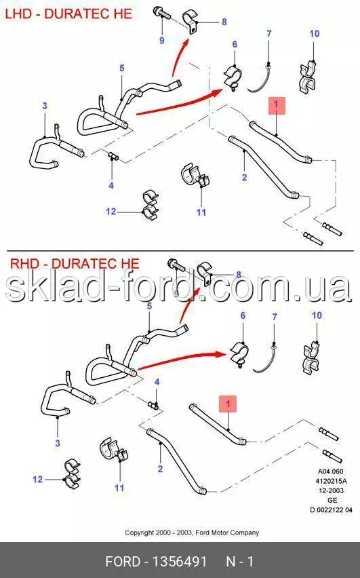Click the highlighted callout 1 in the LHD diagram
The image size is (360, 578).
tap(276, 105)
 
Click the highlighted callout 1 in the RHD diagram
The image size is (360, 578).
tap(228, 404)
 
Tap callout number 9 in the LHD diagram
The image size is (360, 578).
tap(162, 40)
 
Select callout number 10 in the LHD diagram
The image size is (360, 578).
tap(315, 33)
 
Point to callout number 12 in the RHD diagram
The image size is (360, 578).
tap(37, 479)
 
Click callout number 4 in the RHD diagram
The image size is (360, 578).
tap(157, 382)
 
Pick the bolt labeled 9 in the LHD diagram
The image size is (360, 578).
tap(162, 14)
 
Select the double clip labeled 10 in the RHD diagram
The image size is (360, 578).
tap(312, 359)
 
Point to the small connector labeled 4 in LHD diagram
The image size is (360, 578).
tap(113, 157)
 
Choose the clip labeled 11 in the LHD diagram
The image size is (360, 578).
tap(195, 176)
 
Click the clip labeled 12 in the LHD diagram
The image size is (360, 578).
tap(151, 204)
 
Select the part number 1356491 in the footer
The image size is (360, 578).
tap(180, 562)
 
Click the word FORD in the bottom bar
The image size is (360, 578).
tap(123, 562)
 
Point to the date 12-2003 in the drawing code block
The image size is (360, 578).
tap(332, 490)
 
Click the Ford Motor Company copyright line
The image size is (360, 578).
tap(192, 533)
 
